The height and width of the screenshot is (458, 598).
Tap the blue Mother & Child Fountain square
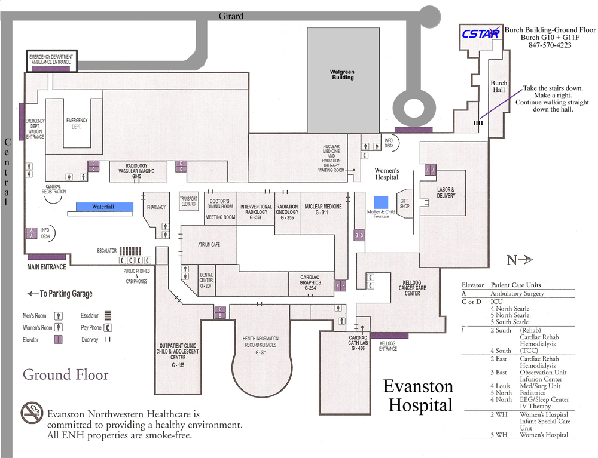(381, 201)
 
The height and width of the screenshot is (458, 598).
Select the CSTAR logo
(480, 34)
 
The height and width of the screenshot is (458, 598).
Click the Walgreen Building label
(343, 75)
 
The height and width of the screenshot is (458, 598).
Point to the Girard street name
(231, 16)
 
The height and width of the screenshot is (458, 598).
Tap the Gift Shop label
(404, 204)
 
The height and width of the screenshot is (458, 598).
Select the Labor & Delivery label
(446, 192)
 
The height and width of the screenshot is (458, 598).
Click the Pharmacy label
(156, 207)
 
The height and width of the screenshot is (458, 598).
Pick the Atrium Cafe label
(209, 245)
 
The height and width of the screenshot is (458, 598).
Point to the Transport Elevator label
(188, 201)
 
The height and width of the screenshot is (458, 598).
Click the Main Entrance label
(47, 267)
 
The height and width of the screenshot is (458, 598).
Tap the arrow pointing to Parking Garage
(32, 294)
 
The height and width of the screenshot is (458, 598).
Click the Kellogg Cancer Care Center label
(412, 287)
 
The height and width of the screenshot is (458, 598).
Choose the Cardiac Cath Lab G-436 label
(357, 342)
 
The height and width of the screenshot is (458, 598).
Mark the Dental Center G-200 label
(206, 280)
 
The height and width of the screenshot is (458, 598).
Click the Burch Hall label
(499, 87)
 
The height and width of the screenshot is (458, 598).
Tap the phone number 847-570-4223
(550, 45)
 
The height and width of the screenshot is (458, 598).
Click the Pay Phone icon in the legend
(108, 327)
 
